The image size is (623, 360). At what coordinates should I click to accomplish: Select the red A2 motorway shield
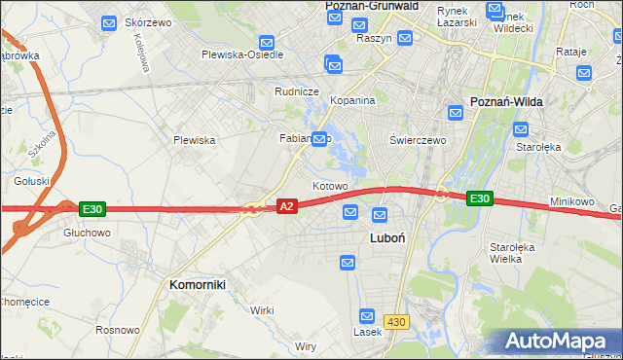click(286, 206)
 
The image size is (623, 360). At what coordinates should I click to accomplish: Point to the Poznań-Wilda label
click(506, 101)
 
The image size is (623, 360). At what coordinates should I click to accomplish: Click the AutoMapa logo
click(561, 342)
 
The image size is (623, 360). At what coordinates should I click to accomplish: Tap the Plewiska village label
click(194, 140)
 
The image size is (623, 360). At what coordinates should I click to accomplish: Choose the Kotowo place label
click(330, 185)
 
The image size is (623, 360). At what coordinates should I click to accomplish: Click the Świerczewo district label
click(418, 140)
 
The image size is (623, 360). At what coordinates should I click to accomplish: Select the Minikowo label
click(571, 201)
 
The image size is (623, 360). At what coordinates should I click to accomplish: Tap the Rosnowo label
click(118, 330)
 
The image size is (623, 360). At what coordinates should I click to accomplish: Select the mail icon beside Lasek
click(367, 316)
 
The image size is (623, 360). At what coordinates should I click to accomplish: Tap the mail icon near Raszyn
click(405, 37)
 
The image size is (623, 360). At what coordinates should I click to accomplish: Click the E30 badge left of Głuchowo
click(92, 209)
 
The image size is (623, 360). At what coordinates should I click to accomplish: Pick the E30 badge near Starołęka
click(479, 198)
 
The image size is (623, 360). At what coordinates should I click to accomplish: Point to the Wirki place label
click(262, 309)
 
